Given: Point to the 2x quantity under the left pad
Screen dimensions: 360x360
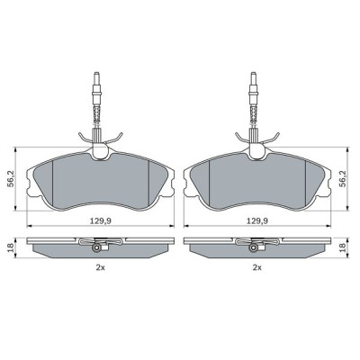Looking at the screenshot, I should coord(103,267).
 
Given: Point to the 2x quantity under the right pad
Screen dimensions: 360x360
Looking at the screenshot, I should coord(257,267).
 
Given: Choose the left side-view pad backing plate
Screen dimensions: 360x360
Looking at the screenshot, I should coord(54,248).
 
